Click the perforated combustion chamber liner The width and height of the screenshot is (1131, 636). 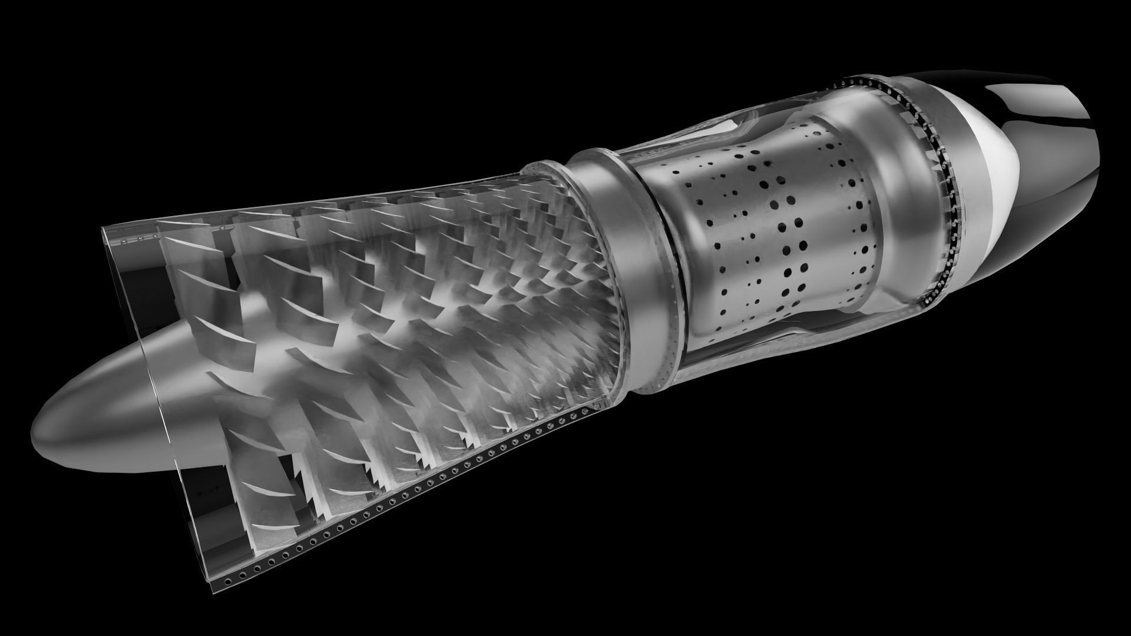click(x=766, y=236)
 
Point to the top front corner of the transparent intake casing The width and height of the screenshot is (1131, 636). click(x=105, y=228)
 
